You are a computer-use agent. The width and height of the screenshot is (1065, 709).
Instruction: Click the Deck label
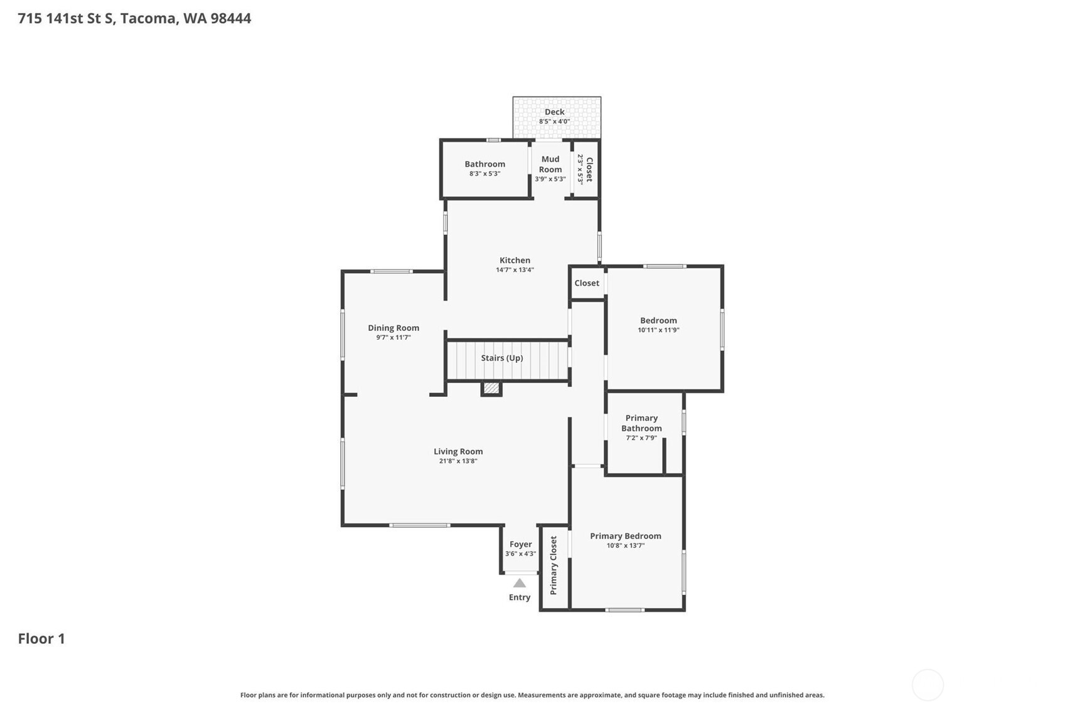[554, 112]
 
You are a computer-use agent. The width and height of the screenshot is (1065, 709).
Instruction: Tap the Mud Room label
[550, 164]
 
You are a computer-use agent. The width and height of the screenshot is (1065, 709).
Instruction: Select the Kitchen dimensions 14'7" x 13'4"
[515, 270]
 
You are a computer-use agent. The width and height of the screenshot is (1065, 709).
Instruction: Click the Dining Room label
[393, 328]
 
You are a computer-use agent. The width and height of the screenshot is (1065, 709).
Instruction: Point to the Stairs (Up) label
[501, 358]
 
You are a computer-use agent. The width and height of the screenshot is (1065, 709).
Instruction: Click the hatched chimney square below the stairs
[491, 389]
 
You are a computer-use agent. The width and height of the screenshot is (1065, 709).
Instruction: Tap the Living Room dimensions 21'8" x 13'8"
[458, 461]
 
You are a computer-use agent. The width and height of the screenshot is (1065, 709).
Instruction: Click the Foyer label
[520, 544]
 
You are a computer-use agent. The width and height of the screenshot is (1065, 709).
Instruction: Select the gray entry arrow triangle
[520, 584]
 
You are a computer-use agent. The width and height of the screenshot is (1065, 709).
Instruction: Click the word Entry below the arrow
[520, 597]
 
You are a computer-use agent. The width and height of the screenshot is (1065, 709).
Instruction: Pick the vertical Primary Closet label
[554, 565]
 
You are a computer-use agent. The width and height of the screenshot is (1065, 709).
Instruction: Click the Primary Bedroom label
[625, 536]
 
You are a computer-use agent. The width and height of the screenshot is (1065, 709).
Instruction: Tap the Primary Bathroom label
[641, 423]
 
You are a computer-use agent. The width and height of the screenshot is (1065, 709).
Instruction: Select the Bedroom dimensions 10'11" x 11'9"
[658, 330]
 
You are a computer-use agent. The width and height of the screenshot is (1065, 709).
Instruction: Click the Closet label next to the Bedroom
[587, 283]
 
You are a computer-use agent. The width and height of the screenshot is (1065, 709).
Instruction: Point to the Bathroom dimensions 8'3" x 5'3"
[484, 174]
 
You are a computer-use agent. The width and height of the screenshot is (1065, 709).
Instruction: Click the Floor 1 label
[41, 639]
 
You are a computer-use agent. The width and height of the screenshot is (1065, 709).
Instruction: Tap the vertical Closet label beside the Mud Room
[589, 169]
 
